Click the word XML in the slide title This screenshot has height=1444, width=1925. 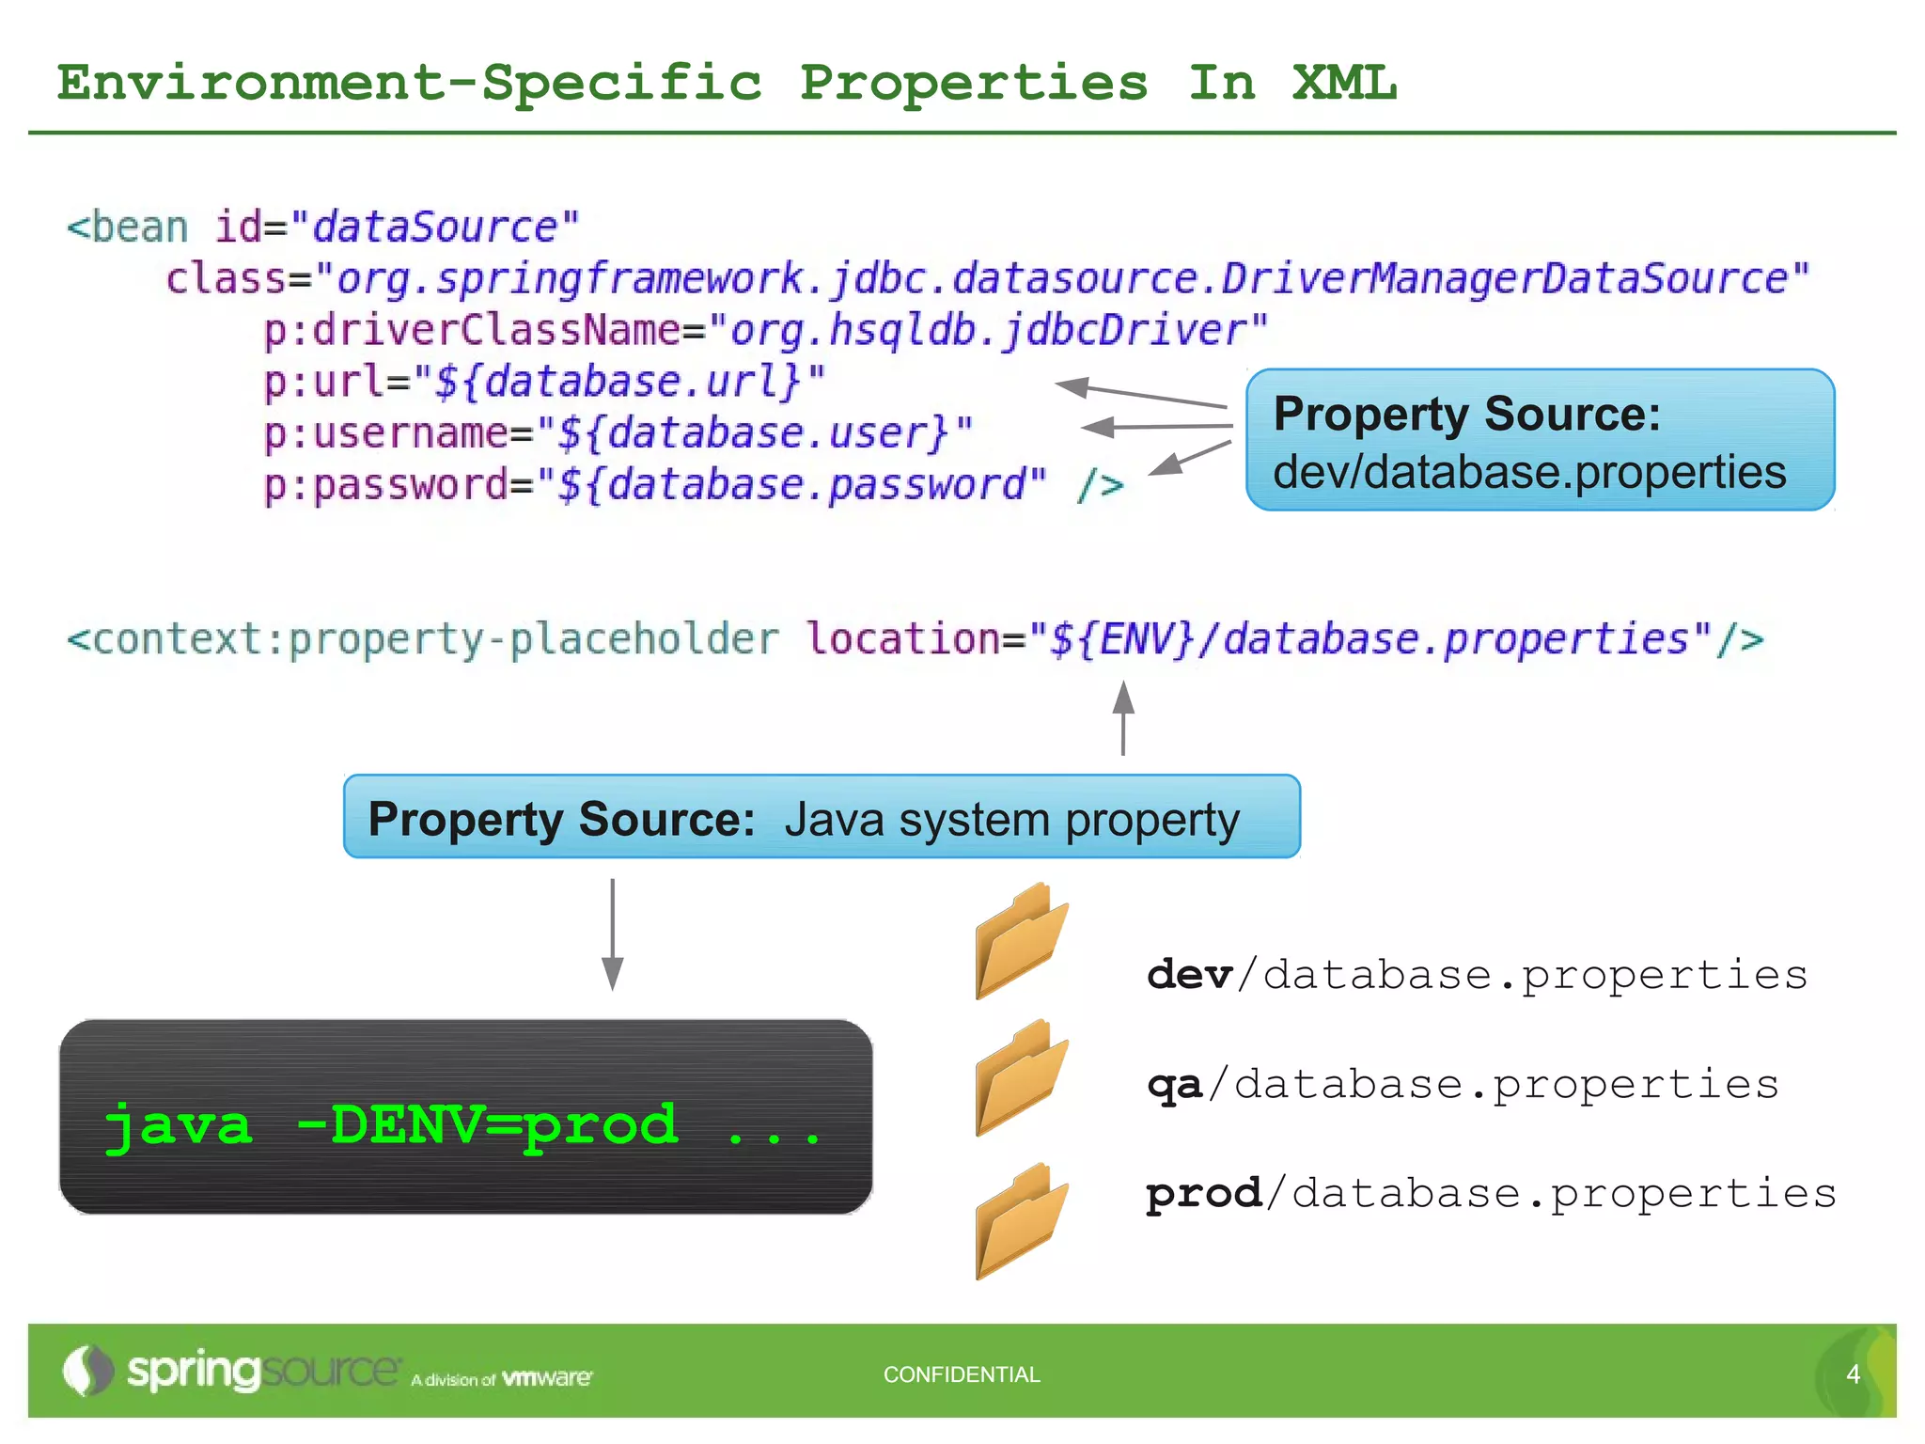coord(1344,83)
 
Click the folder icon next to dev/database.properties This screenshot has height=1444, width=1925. coord(1021,942)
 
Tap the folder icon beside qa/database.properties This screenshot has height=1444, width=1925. coord(1021,1079)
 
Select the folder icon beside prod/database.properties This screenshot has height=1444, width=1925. coord(1021,1222)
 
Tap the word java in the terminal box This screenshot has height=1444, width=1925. coord(179,1125)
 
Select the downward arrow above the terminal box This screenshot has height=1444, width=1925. coord(613,934)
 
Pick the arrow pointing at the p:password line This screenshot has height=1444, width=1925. coord(1189,458)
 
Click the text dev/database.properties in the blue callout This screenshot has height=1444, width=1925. coord(1529,472)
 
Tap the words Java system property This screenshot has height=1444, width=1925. coord(1012,820)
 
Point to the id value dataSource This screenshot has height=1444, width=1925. coord(435,228)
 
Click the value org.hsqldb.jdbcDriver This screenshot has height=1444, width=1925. coord(988,331)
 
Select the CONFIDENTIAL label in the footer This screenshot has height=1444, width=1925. coord(962,1374)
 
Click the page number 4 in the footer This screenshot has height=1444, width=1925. coord(1853,1374)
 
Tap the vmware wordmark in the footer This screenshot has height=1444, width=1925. coord(547,1378)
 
